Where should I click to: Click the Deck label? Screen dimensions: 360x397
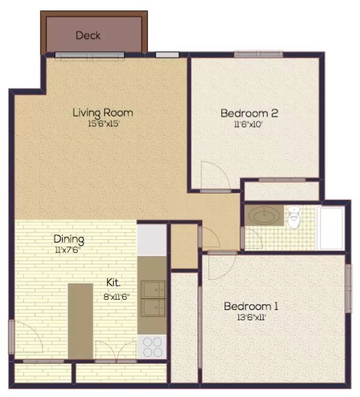click(x=88, y=35)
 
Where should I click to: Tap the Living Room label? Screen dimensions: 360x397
click(x=103, y=113)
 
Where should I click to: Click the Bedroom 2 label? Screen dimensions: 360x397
click(x=249, y=113)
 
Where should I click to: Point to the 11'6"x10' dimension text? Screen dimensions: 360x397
click(x=248, y=124)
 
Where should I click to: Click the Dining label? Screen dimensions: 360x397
click(x=69, y=239)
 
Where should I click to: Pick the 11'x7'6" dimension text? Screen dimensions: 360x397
click(x=68, y=250)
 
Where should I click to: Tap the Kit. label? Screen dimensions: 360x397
click(x=114, y=283)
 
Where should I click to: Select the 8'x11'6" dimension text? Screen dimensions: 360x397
click(x=116, y=297)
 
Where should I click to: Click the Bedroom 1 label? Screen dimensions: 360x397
click(x=251, y=306)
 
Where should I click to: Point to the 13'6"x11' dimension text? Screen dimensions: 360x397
click(x=251, y=317)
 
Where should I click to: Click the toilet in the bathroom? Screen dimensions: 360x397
click(x=294, y=217)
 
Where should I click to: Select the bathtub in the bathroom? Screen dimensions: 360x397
click(x=331, y=229)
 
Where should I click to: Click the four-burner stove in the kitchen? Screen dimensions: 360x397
click(x=152, y=347)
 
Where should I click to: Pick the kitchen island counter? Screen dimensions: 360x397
click(x=80, y=321)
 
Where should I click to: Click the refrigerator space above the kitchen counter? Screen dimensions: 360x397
click(x=152, y=240)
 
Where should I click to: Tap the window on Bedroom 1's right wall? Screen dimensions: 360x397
click(x=349, y=289)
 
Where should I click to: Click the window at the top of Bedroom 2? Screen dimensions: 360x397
click(x=258, y=54)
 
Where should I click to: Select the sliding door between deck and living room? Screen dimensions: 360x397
click(x=90, y=55)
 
